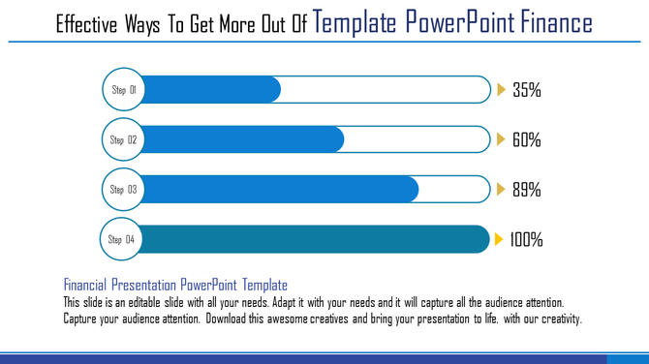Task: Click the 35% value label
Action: pos(526,91)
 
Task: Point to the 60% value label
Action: pos(526,140)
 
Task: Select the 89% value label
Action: pos(526,190)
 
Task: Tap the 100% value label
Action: pos(526,239)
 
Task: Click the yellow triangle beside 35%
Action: pos(501,90)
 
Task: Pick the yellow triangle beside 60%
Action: pos(501,140)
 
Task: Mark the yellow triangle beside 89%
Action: pos(501,190)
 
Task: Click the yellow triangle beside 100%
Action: pos(499,239)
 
